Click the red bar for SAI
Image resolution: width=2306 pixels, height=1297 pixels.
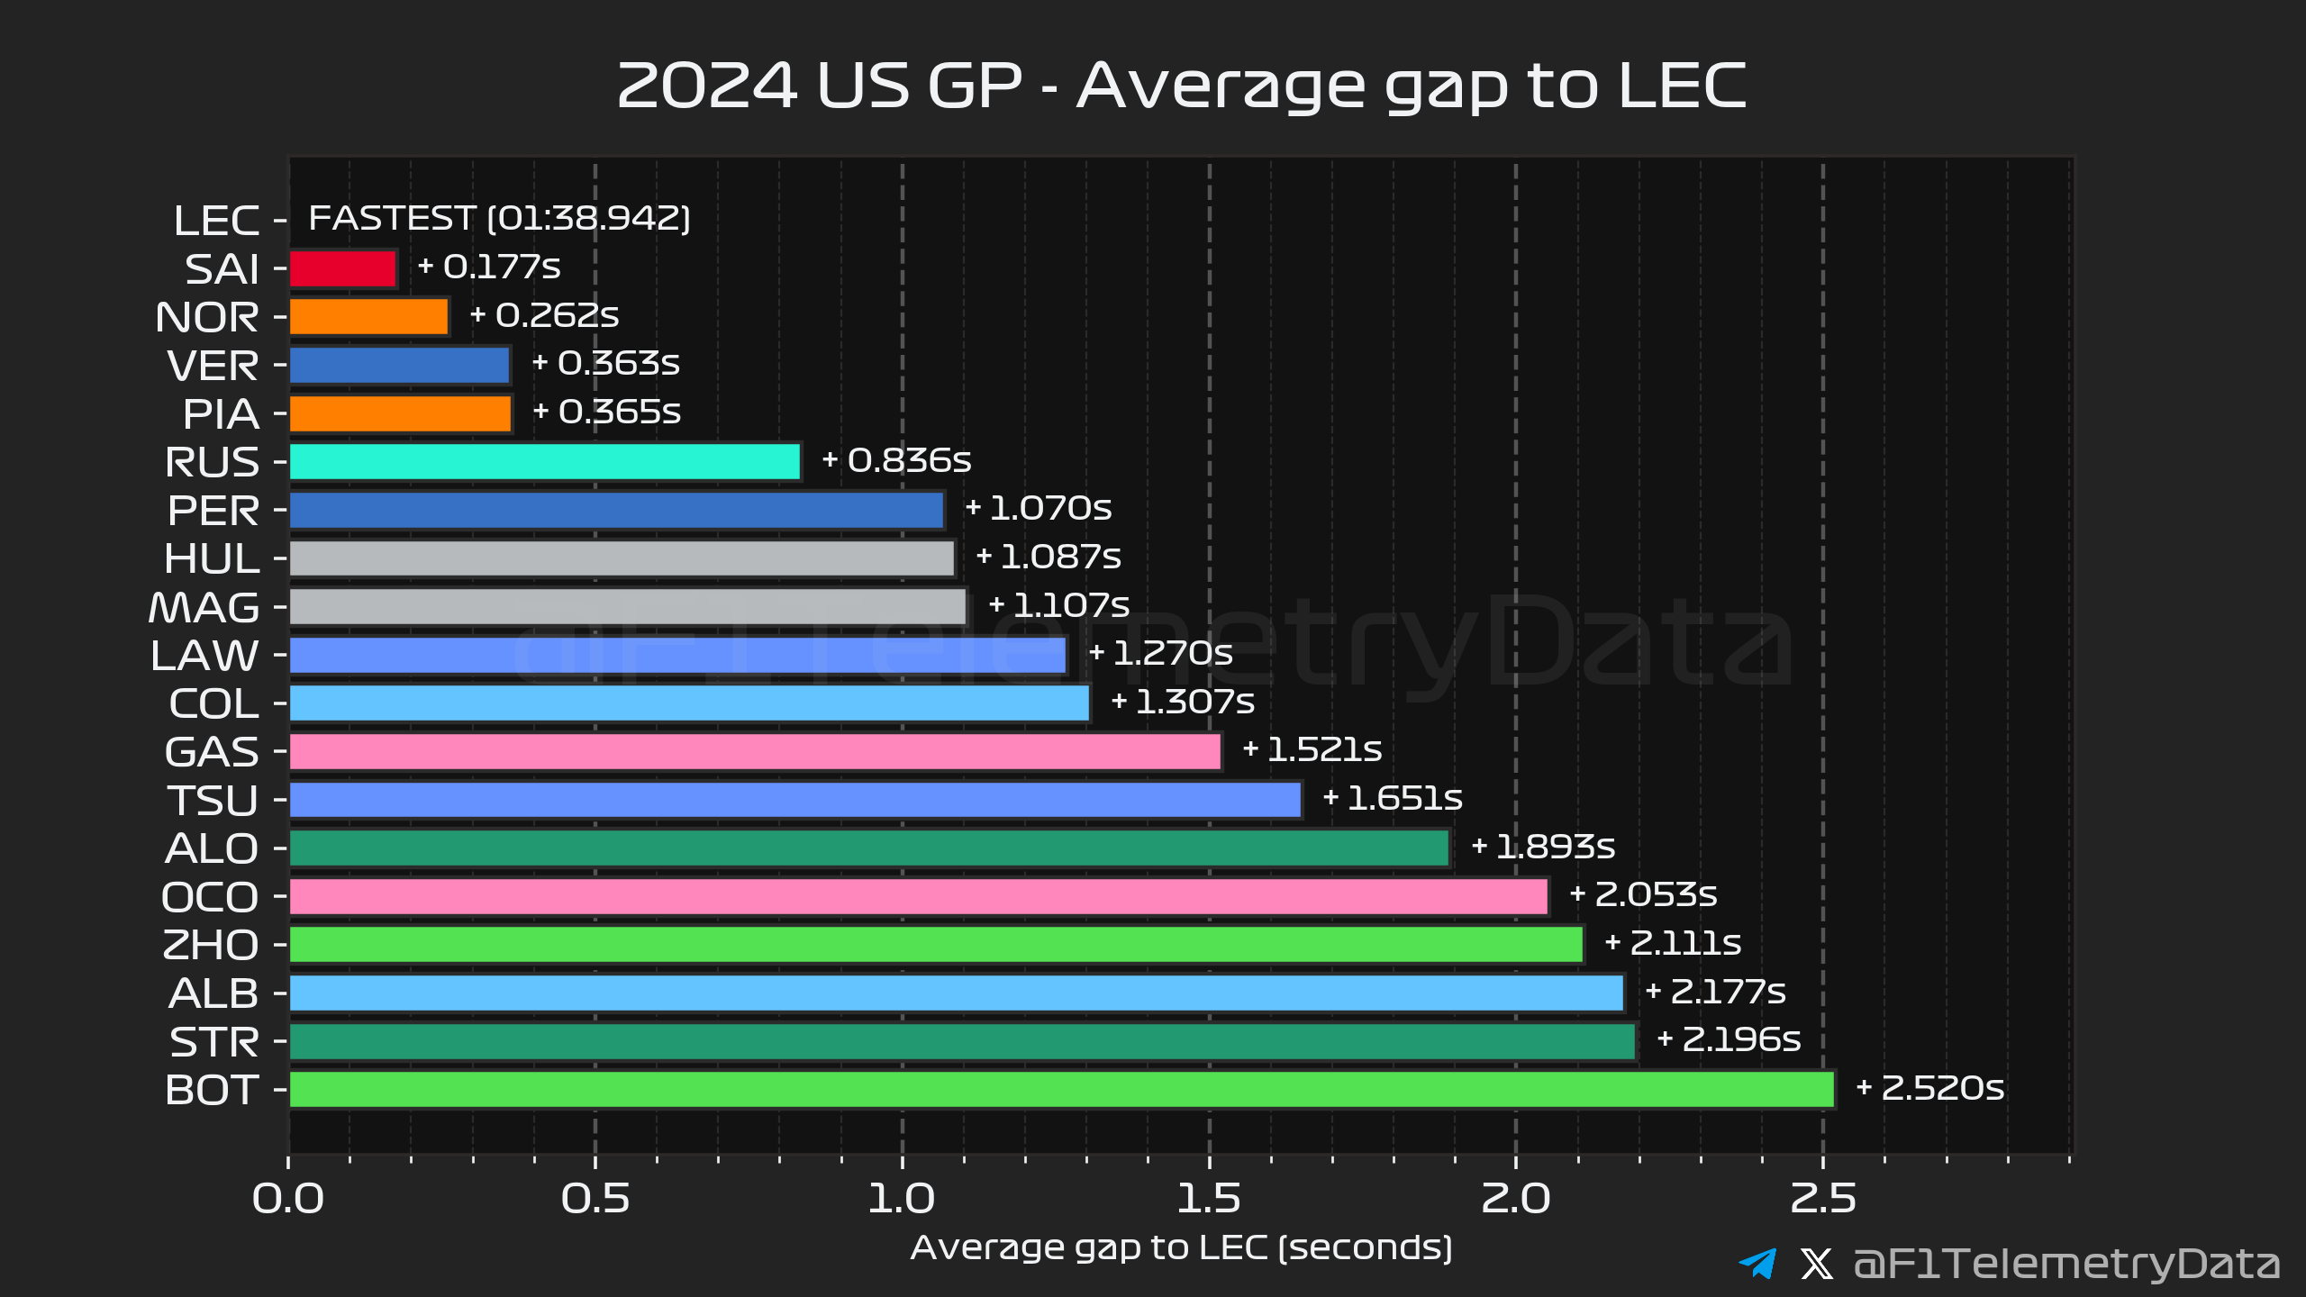click(x=343, y=268)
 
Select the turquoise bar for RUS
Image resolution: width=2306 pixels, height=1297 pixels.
click(x=545, y=462)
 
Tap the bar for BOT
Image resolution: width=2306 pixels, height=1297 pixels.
click(x=1061, y=1089)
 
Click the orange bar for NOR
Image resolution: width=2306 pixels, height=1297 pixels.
click(x=369, y=317)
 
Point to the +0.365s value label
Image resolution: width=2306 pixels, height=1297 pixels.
click(x=607, y=412)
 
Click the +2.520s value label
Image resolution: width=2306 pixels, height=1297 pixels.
click(x=1930, y=1088)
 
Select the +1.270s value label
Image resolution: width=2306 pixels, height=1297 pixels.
click(x=1161, y=653)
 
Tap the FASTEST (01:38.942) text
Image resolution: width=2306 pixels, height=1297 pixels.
click(x=499, y=218)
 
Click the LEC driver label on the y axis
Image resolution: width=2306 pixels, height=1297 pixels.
click(x=216, y=221)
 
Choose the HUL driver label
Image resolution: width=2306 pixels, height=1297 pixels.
click(x=212, y=559)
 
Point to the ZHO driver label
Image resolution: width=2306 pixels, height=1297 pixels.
click(x=211, y=945)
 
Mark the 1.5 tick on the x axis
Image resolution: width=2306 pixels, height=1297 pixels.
click(x=1209, y=1199)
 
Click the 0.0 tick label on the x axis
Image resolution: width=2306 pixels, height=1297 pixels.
click(x=288, y=1199)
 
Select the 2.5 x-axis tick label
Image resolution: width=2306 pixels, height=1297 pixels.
click(x=1823, y=1199)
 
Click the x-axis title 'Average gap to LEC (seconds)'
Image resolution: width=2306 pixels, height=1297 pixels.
click(x=1181, y=1247)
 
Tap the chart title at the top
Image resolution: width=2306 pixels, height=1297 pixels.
click(x=1181, y=86)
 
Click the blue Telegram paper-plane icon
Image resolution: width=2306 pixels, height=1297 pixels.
click(x=1757, y=1263)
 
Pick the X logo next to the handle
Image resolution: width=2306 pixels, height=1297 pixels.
click(x=1816, y=1263)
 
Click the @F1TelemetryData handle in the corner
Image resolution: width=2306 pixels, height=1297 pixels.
click(x=2066, y=1263)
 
